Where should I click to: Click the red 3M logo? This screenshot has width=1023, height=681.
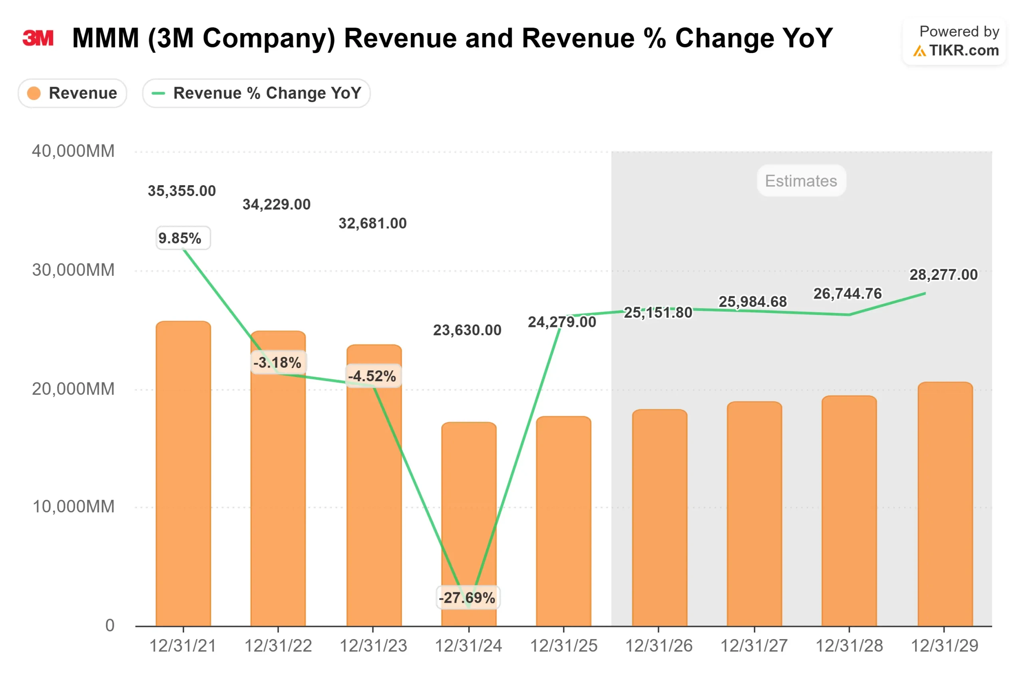coord(38,38)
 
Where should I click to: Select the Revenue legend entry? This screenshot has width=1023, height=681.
coord(72,93)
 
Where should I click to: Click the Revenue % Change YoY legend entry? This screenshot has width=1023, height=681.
coord(256,93)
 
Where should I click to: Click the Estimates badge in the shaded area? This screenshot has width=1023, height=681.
coord(800,180)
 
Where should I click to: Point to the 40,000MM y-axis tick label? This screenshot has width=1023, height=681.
coord(73,151)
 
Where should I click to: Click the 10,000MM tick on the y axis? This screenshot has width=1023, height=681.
coord(73,507)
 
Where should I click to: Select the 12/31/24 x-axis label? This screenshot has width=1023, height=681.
coord(468,646)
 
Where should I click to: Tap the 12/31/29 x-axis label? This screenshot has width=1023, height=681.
coord(944,646)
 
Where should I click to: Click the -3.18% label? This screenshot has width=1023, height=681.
coord(277,362)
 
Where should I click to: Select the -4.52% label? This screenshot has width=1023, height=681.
coord(372,376)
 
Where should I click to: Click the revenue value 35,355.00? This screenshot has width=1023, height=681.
coord(182,191)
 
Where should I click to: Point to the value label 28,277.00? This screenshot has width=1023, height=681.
coord(943,275)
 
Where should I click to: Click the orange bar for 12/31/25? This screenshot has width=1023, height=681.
coord(563,521)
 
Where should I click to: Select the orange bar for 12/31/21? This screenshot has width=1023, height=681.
coord(183,473)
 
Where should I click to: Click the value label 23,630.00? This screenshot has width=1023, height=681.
coord(467,330)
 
